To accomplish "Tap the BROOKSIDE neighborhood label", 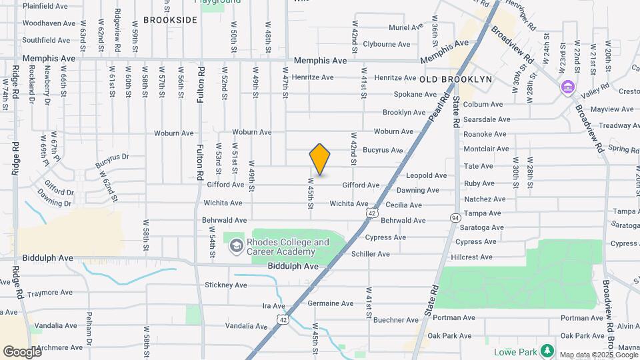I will [170, 20].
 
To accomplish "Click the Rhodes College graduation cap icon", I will [235, 247].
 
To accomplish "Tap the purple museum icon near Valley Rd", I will [567, 87].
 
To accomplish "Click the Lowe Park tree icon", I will [547, 350].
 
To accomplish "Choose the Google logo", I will [21, 351].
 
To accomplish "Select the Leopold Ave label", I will [426, 176].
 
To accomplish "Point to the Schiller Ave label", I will [370, 254].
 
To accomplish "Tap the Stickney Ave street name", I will [226, 285].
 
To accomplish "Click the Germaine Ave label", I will [331, 303].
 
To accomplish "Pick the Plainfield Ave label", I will [45, 6].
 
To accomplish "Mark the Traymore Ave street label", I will [49, 293].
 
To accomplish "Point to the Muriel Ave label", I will [406, 27].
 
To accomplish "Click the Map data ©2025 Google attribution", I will [598, 355].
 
